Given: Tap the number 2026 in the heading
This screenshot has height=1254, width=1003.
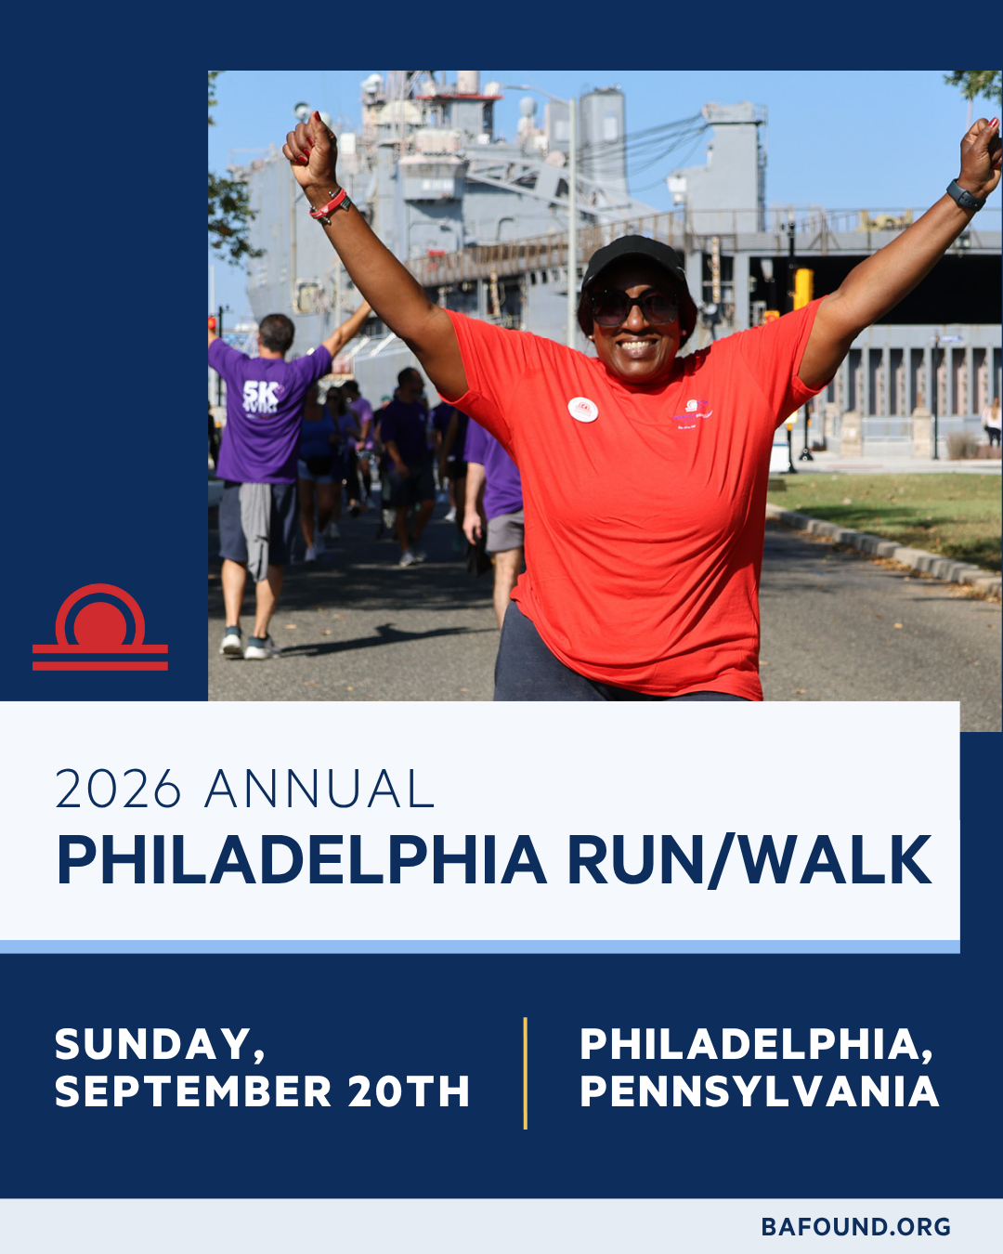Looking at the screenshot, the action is tap(118, 789).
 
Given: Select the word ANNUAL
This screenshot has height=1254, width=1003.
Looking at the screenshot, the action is tap(319, 789).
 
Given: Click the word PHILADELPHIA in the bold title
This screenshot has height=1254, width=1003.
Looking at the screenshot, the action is tap(301, 861).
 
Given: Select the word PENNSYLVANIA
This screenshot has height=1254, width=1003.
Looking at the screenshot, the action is tap(760, 1091).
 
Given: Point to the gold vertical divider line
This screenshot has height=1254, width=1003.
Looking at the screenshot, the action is tap(525, 1074).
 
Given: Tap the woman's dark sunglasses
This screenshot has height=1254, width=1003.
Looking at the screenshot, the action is tap(634, 307).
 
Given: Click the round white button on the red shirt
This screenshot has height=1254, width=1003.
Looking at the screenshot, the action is tap(583, 409).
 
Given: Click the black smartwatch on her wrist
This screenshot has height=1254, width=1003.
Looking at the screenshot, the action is tap(965, 196).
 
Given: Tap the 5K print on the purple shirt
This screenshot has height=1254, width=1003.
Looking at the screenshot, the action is tap(261, 390).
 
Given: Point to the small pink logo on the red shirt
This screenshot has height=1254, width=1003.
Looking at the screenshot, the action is tap(693, 414).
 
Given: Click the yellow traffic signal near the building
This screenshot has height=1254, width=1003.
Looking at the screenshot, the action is tap(802, 289).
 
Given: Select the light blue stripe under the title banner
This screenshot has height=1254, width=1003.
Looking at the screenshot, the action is tap(479, 947).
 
